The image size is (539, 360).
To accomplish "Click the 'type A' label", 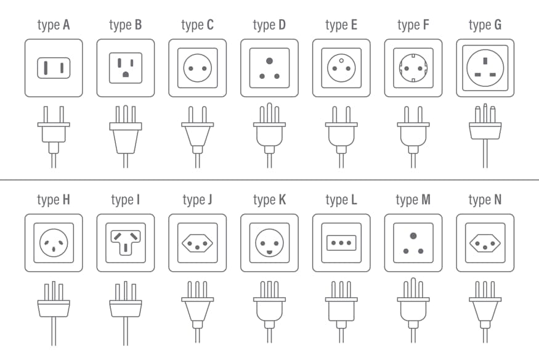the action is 54,25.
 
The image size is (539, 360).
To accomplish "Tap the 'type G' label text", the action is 485,25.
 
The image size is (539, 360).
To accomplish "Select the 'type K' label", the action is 270,200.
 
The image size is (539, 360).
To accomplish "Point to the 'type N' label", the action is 485,200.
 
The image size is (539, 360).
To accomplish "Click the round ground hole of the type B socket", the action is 126,74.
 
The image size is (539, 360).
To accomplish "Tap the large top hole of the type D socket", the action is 270,61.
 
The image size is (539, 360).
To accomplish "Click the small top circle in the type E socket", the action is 341,61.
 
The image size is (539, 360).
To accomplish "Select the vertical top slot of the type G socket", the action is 485,61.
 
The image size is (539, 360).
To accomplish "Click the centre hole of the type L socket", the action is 341,243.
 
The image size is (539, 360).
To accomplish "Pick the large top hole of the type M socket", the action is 413,236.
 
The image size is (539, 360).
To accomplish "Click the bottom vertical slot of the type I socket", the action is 126,247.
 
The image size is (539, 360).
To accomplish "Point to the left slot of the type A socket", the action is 46,68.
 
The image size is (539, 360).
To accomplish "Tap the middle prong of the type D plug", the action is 270,113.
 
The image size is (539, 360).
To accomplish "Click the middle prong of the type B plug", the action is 126,114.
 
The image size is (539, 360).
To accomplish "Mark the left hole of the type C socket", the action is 191,68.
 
